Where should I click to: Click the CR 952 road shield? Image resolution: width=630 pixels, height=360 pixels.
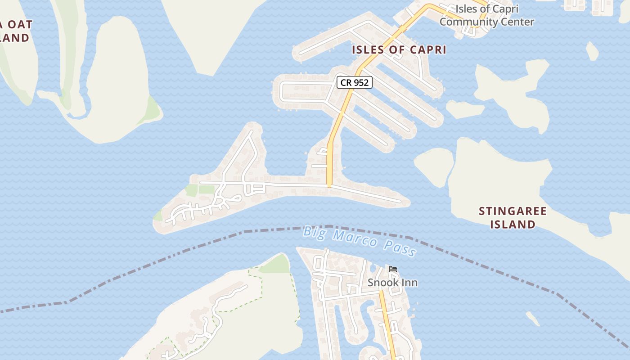(x=355, y=82)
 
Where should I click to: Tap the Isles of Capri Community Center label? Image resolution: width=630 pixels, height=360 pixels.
(x=487, y=15)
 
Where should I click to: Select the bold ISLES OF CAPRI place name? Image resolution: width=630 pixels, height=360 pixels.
(x=399, y=49)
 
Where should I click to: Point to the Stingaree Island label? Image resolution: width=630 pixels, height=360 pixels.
(x=513, y=217)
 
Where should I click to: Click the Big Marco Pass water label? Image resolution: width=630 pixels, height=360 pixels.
(x=359, y=242)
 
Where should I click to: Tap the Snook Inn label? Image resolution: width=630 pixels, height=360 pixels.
(x=392, y=283)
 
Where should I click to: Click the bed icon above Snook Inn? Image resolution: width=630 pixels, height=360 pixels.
(x=393, y=270)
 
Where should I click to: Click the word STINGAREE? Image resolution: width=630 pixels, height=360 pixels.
(x=513, y=211)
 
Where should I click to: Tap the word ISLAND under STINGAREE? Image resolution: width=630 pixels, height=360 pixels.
(x=513, y=224)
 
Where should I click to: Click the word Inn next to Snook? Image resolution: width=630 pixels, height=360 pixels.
(x=409, y=283)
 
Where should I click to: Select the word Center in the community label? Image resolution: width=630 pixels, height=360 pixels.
(x=519, y=22)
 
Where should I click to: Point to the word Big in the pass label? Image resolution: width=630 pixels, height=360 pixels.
(x=314, y=232)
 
